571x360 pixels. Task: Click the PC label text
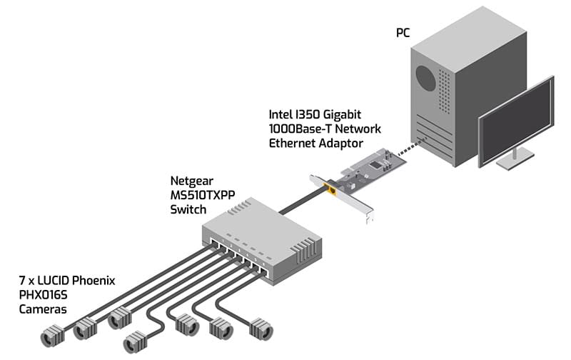click(404, 33)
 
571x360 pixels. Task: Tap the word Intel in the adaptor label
click(282, 114)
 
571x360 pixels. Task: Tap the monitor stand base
click(515, 162)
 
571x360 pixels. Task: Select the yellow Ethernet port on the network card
click(331, 190)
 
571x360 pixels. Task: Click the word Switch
click(187, 209)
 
